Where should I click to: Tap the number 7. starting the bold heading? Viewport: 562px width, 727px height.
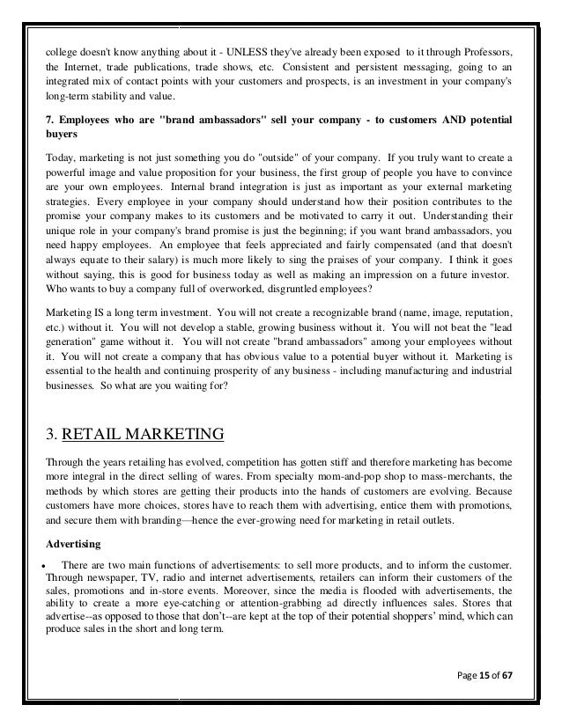[49, 119]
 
